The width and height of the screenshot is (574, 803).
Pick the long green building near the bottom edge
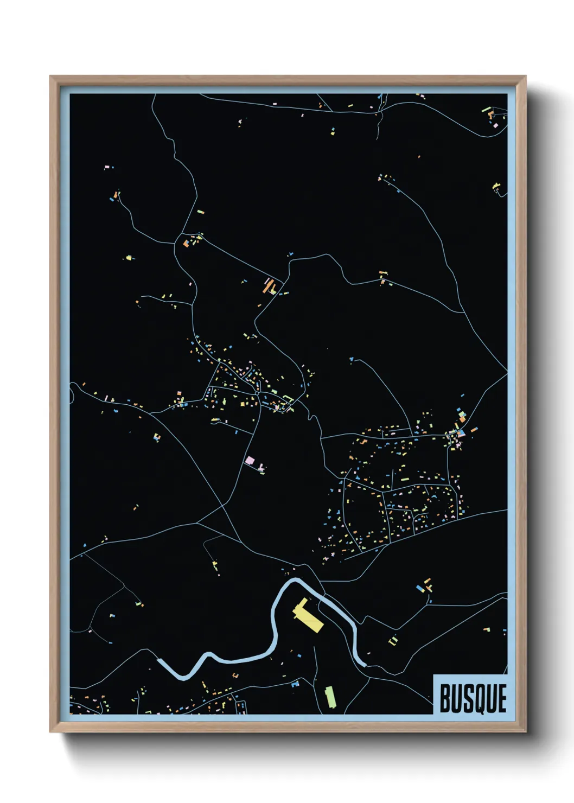[329, 696]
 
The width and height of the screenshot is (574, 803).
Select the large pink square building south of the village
[250, 461]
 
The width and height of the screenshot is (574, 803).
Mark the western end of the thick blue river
[159, 660]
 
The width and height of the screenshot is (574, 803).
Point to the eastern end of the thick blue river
[363, 664]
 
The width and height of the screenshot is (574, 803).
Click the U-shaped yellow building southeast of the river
[393, 640]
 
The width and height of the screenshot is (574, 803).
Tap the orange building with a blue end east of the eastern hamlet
[474, 430]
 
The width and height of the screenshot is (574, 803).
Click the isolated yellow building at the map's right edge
[496, 187]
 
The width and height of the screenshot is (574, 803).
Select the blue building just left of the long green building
[295, 684]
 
